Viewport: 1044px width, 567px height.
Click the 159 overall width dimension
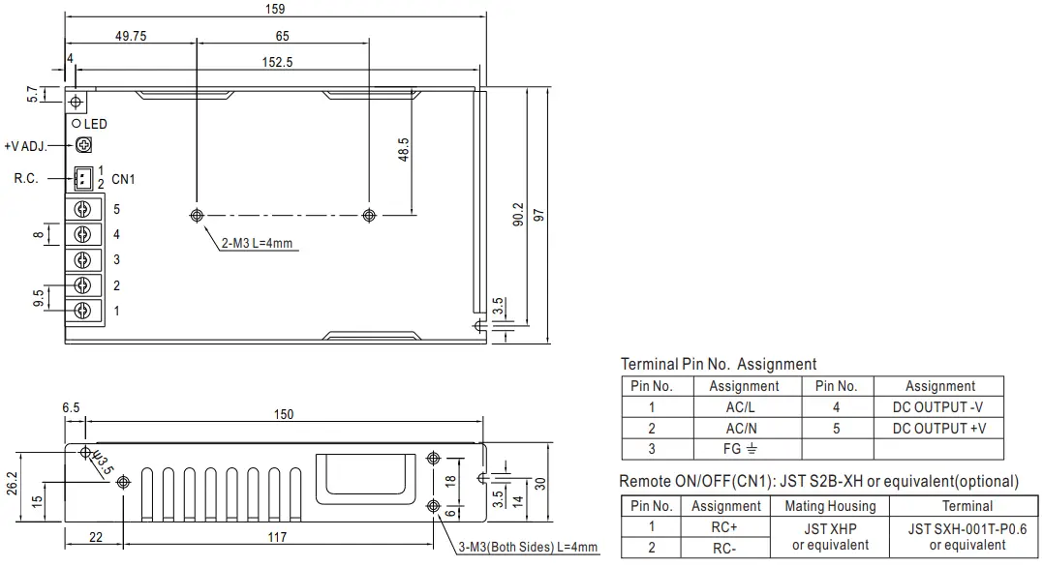[275, 9]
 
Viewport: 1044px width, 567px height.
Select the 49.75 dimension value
[131, 37]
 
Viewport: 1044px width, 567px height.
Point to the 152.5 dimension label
[277, 62]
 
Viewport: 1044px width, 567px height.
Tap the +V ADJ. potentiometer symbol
[83, 145]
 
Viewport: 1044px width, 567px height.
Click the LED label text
[96, 124]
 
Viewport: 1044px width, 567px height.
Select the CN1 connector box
[83, 178]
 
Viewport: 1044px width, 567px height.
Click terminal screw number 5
[83, 209]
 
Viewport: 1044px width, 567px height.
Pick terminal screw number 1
[83, 311]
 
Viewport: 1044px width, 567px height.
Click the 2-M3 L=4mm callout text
[256, 243]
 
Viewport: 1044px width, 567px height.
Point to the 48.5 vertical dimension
[404, 150]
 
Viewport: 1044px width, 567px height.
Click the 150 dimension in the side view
[283, 414]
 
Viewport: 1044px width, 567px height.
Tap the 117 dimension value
[277, 537]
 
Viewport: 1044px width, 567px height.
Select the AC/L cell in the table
[744, 407]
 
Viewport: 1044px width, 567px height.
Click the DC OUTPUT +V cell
[938, 428]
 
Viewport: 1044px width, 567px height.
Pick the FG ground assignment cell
[744, 449]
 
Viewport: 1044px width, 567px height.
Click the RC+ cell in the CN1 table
[725, 527]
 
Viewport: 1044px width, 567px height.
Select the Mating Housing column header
[829, 506]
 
